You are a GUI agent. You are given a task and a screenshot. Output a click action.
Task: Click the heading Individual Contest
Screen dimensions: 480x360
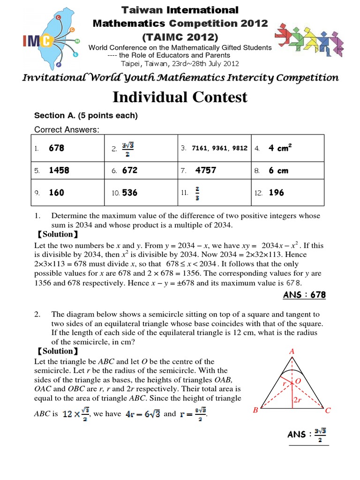pyautogui.click(x=180, y=97)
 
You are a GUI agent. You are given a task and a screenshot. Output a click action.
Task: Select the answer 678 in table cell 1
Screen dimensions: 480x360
pyautogui.click(x=56, y=148)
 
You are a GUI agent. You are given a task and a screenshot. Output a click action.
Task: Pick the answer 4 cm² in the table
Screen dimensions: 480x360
pyautogui.click(x=280, y=148)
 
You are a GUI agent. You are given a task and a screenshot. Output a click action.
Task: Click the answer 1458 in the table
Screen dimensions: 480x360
pyautogui.click(x=59, y=171)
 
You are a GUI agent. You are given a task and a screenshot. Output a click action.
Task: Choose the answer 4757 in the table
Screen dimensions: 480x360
pyautogui.click(x=206, y=171)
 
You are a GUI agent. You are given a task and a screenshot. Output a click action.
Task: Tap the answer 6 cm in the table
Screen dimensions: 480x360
pyautogui.click(x=278, y=171)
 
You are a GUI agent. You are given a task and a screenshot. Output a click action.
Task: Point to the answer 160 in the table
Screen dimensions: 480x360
pyautogui.click(x=56, y=193)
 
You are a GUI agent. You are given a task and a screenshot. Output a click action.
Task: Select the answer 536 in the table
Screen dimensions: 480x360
pyautogui.click(x=130, y=193)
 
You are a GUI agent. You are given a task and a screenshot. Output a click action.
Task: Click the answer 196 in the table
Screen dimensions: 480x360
pyautogui.click(x=276, y=193)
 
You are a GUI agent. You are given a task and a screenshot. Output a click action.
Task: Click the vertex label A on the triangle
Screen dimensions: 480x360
pyautogui.click(x=291, y=351)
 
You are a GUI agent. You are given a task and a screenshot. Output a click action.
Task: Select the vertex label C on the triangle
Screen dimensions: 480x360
pyautogui.click(x=328, y=411)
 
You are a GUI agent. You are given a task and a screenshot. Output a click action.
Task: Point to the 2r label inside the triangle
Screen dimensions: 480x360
pyautogui.click(x=297, y=400)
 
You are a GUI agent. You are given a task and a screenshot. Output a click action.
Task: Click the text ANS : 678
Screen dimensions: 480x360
pyautogui.click(x=304, y=295)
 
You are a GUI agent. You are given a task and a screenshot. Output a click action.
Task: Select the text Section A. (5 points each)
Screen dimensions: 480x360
pyautogui.click(x=86, y=115)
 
